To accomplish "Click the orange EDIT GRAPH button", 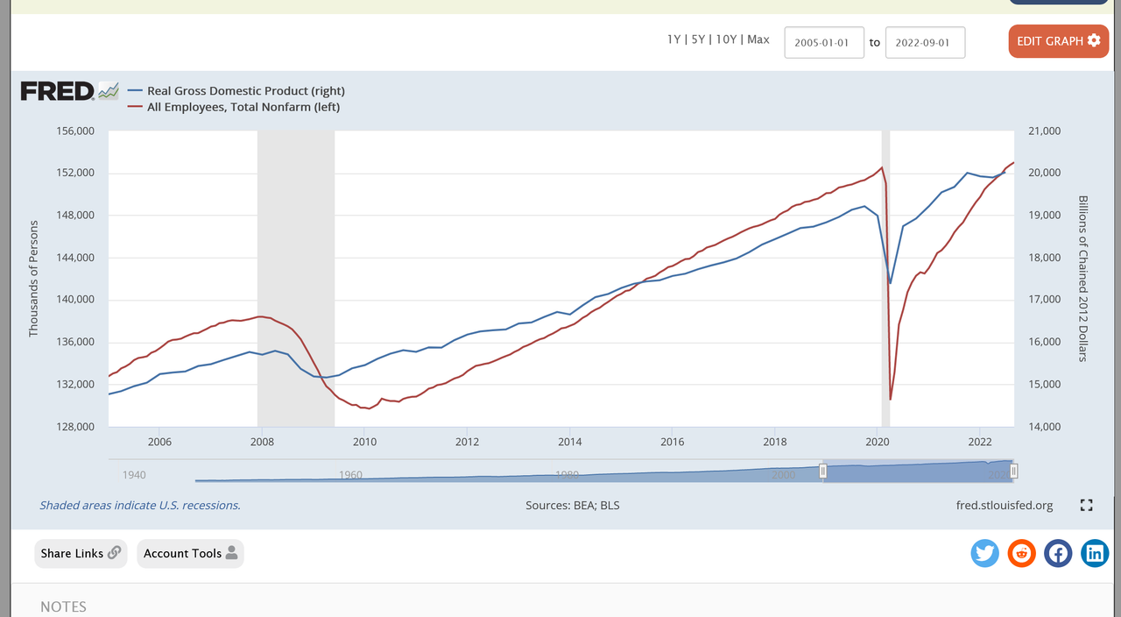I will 1058,41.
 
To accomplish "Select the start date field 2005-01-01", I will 824,42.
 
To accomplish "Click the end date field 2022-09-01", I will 925,42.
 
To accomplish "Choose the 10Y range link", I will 725,39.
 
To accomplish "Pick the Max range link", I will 758,39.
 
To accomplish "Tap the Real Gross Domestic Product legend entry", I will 245,91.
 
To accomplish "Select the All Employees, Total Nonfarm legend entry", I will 243,107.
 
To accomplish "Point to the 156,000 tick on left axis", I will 74,131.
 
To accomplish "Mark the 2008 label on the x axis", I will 262,442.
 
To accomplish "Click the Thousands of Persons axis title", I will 34,279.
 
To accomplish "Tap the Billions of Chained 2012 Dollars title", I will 1082,279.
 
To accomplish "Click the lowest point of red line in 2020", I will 891,399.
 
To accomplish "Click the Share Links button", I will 81,553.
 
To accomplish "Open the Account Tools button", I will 190,553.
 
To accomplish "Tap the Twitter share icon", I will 985,553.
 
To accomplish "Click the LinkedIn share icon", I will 1095,553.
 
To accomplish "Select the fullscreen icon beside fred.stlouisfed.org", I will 1086,505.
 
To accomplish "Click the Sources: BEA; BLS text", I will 572,506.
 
